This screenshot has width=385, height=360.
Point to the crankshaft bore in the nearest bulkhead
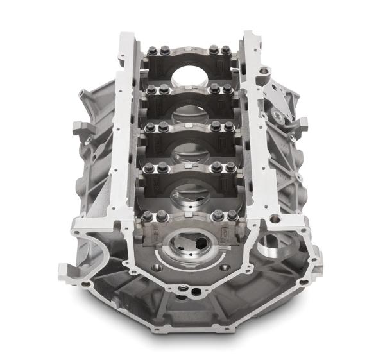(x=193, y=247)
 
